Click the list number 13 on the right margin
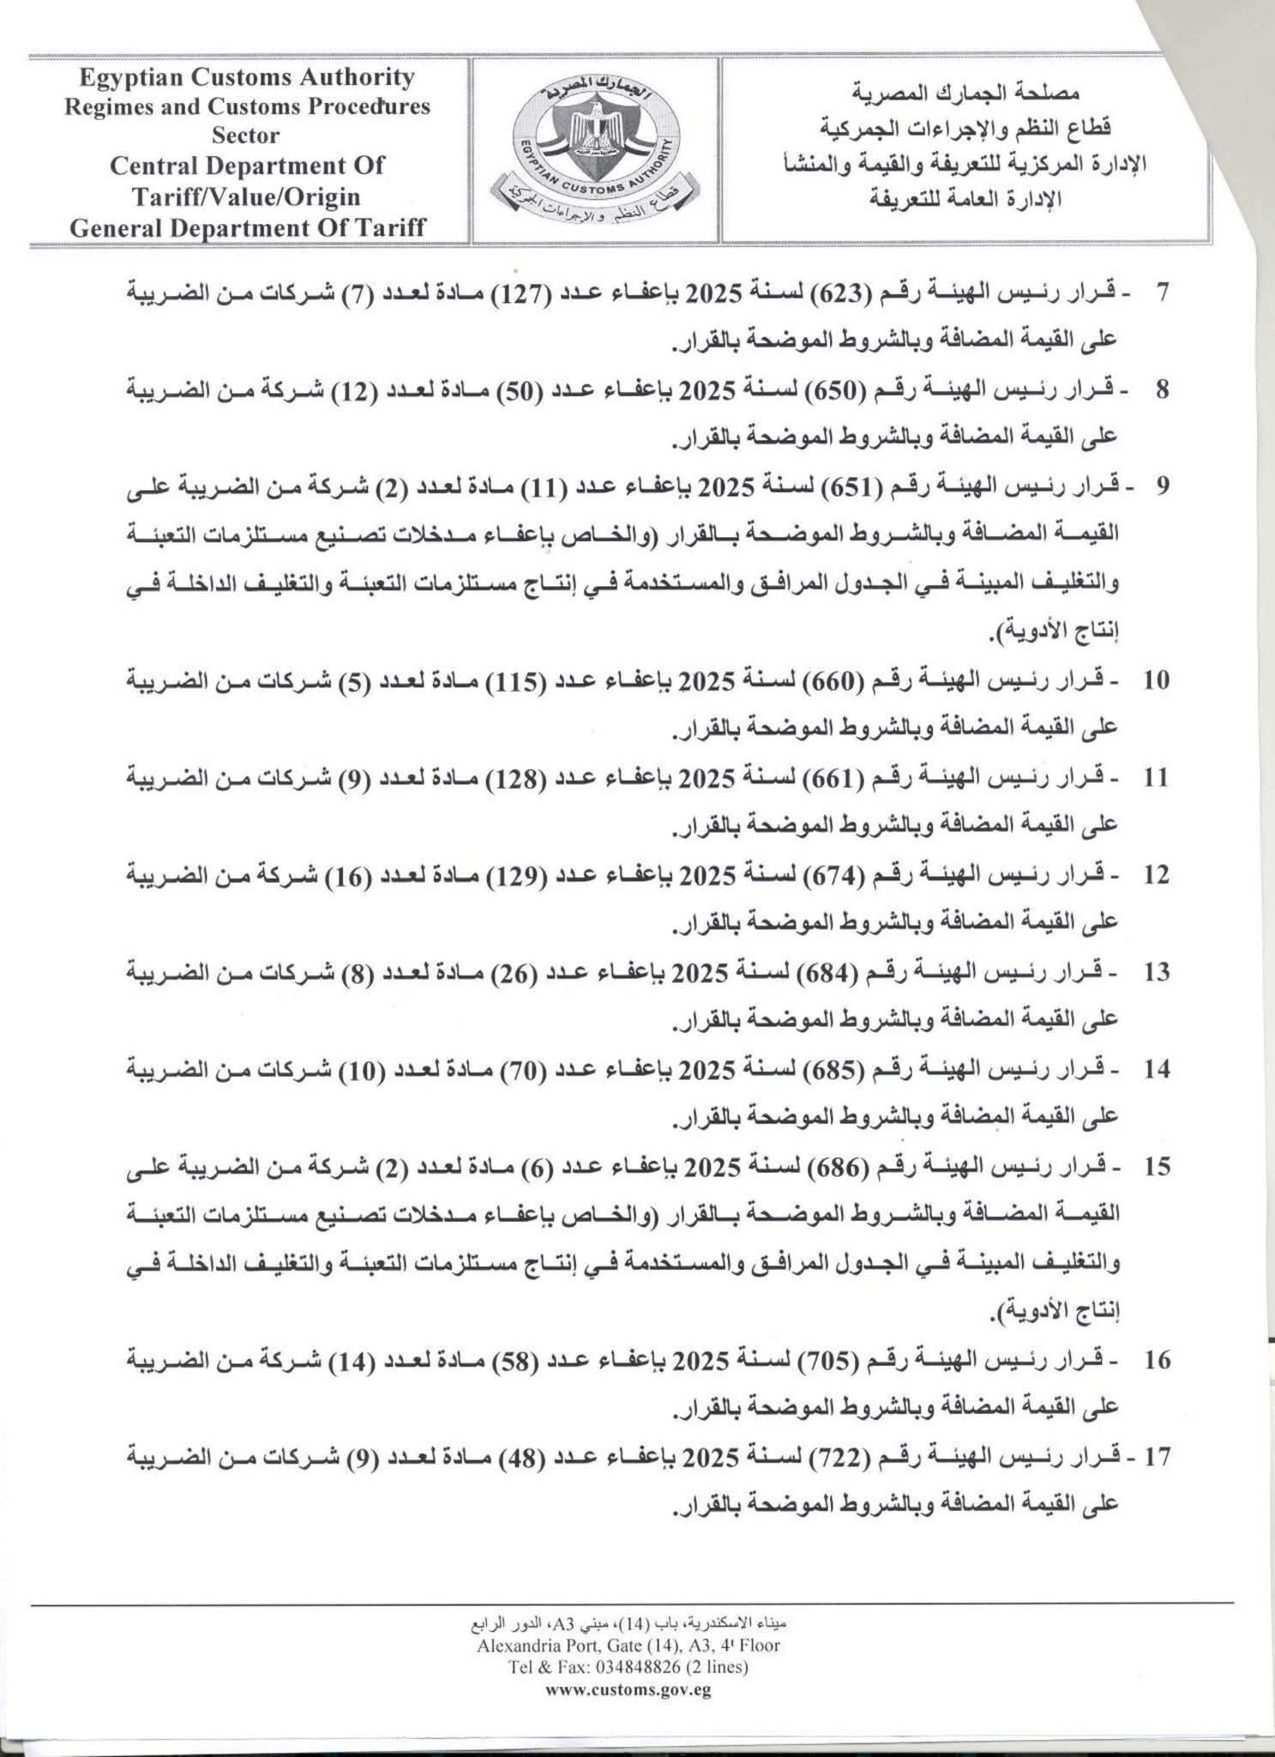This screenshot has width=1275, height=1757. pyautogui.click(x=1157, y=973)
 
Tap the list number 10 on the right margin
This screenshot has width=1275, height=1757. pyautogui.click(x=1157, y=681)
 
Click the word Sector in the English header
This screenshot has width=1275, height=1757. pyautogui.click(x=246, y=136)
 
